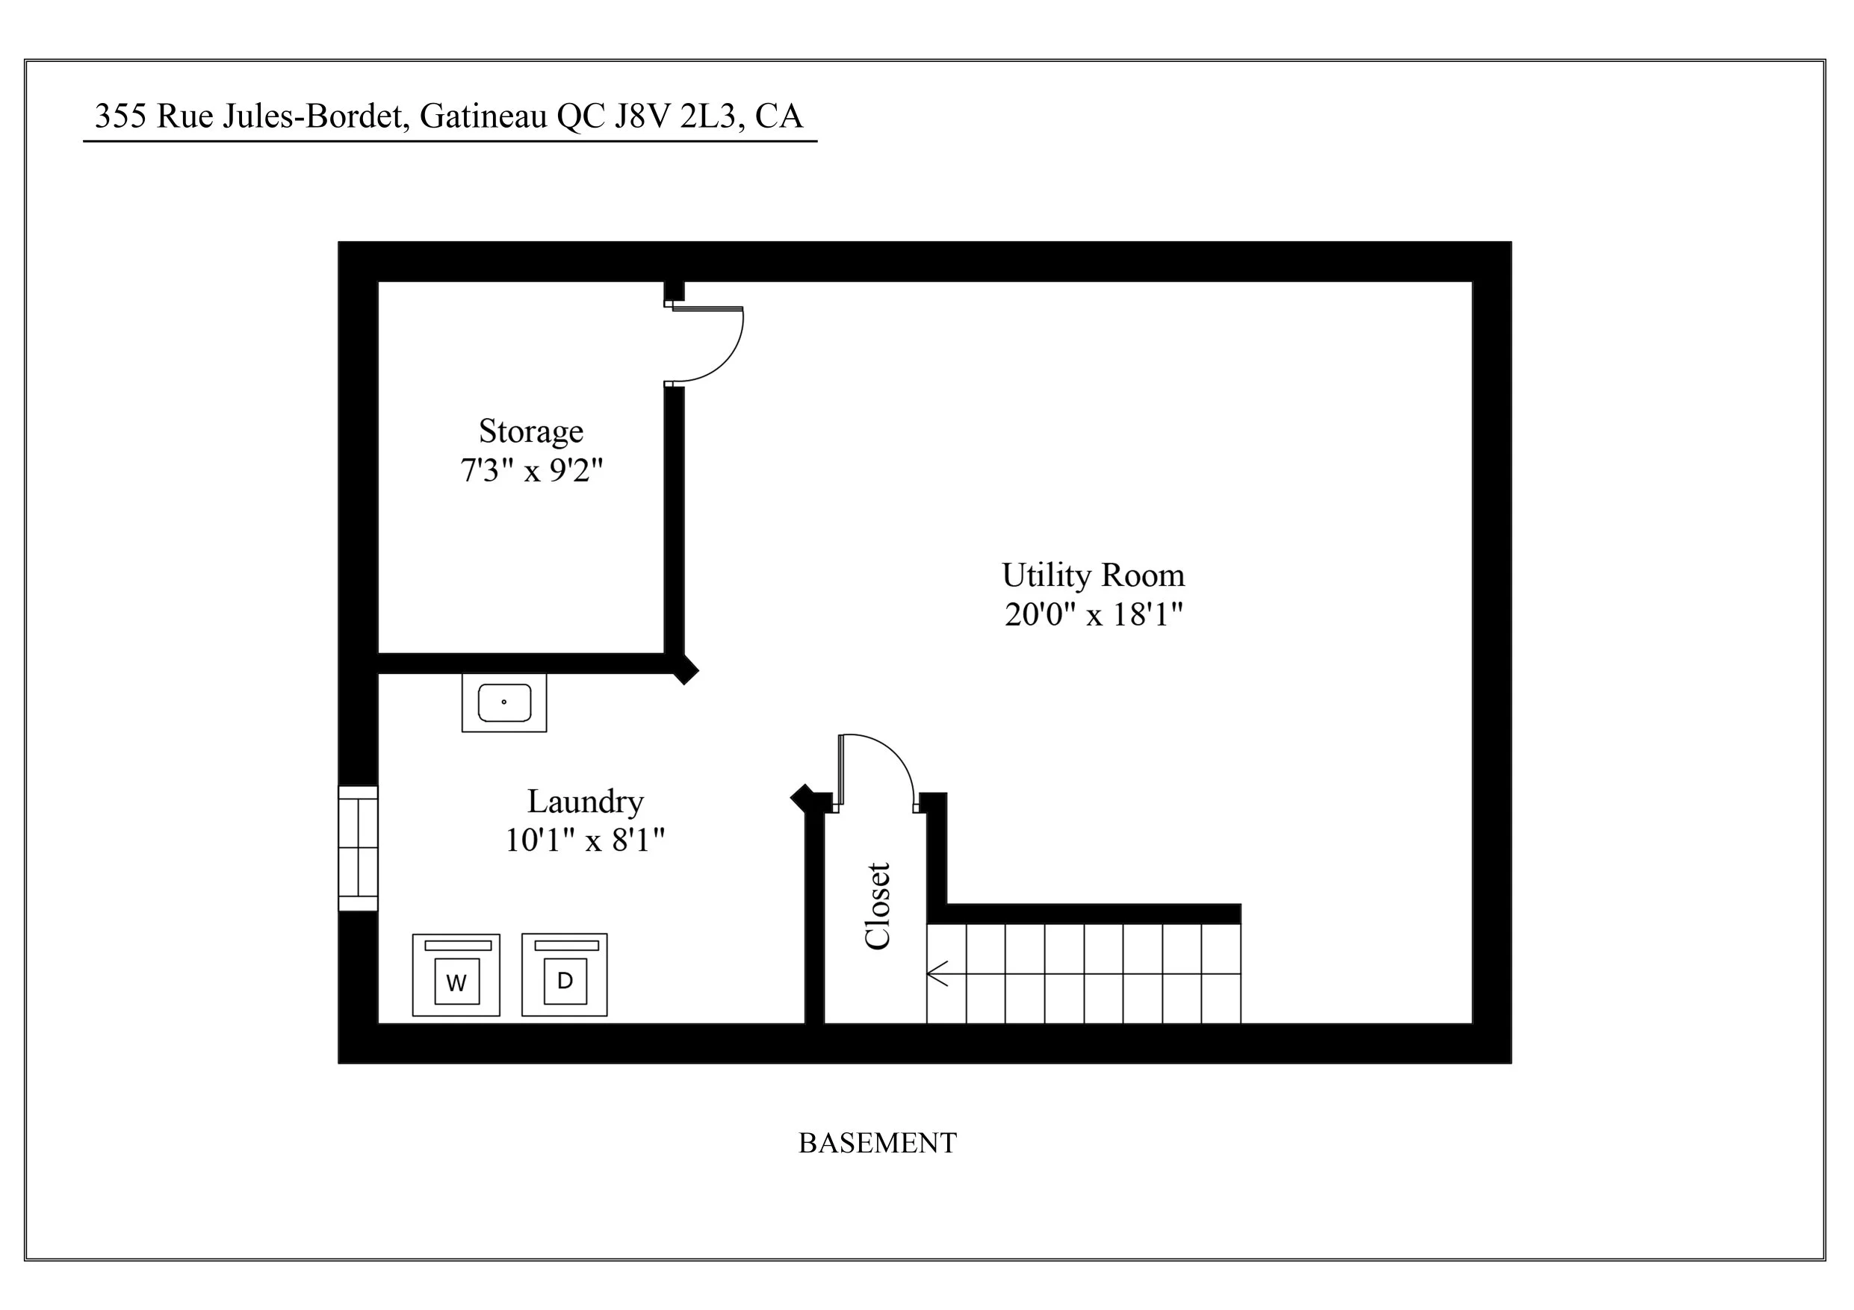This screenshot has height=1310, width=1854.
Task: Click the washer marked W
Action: (x=456, y=975)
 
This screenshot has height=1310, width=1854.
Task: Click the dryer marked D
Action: (x=565, y=974)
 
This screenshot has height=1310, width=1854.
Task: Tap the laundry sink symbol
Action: (x=504, y=702)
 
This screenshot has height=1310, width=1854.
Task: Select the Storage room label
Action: (x=530, y=431)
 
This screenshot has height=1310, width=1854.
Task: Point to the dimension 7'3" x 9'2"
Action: (x=531, y=470)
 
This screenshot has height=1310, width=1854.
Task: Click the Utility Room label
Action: (x=1093, y=575)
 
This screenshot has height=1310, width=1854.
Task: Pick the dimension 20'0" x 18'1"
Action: (x=1093, y=614)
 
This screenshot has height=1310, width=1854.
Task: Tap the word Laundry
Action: (x=586, y=801)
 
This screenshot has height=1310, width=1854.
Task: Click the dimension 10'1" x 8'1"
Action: (x=585, y=840)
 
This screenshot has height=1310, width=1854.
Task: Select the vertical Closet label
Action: (x=877, y=905)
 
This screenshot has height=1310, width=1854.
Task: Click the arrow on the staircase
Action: (x=937, y=973)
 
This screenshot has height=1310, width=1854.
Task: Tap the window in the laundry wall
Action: (x=358, y=848)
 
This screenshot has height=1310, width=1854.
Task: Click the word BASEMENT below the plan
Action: (x=877, y=1143)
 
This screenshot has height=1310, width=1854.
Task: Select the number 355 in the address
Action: (x=120, y=116)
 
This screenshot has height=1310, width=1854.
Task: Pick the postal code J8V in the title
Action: (x=642, y=116)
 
